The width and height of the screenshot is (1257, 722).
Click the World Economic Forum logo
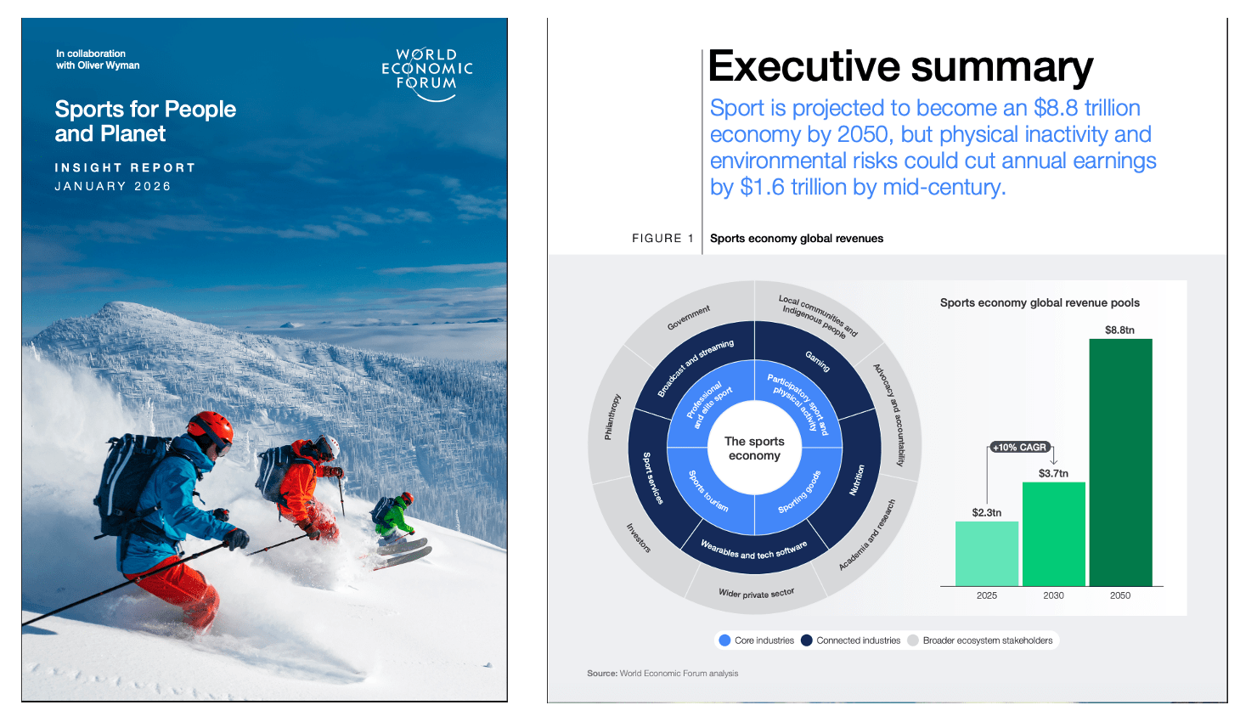(x=427, y=74)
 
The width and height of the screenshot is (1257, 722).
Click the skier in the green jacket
(x=395, y=517)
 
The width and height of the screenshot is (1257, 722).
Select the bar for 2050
(x=1120, y=463)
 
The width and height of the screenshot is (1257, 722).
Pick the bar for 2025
(x=987, y=554)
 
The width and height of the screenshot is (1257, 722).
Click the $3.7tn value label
(x=1053, y=473)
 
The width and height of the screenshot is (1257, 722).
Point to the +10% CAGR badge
(x=1020, y=448)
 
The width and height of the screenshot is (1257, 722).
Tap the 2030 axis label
(x=1053, y=595)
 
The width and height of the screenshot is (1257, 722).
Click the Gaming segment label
(x=818, y=362)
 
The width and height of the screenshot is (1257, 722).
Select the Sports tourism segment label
(x=708, y=491)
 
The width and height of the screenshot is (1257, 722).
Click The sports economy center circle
(x=755, y=448)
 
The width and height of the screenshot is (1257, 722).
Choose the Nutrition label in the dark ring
(x=857, y=480)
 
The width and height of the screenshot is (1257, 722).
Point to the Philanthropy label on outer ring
(x=612, y=416)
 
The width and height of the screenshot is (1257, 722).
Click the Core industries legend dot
(x=724, y=640)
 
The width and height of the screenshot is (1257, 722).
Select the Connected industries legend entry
(x=851, y=640)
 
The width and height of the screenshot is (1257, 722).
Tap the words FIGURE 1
(x=662, y=238)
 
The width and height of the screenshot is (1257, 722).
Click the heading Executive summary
(x=900, y=67)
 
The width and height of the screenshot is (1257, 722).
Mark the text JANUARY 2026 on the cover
(x=113, y=186)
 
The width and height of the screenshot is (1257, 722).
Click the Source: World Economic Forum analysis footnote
(x=662, y=673)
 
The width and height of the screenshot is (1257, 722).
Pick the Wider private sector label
(x=757, y=594)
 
